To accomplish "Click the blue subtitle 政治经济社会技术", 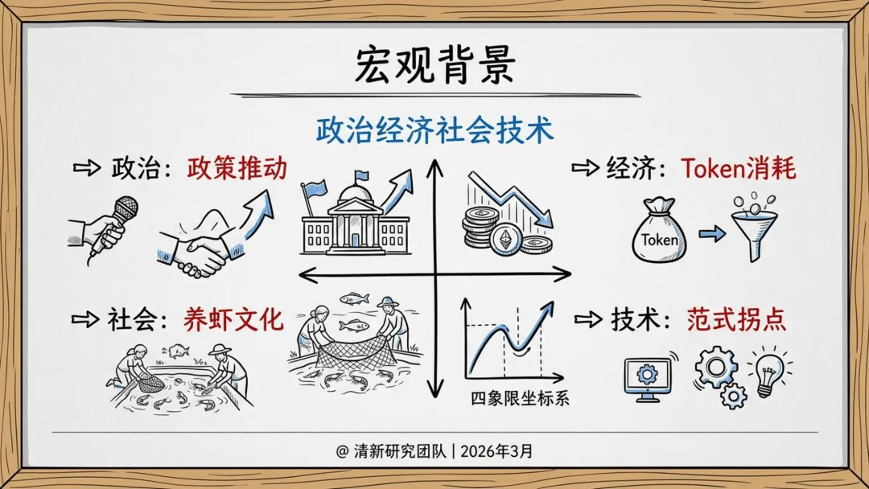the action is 434,129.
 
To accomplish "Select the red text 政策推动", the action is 237,169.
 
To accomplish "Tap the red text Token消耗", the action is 738,169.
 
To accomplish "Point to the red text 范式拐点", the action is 736,320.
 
